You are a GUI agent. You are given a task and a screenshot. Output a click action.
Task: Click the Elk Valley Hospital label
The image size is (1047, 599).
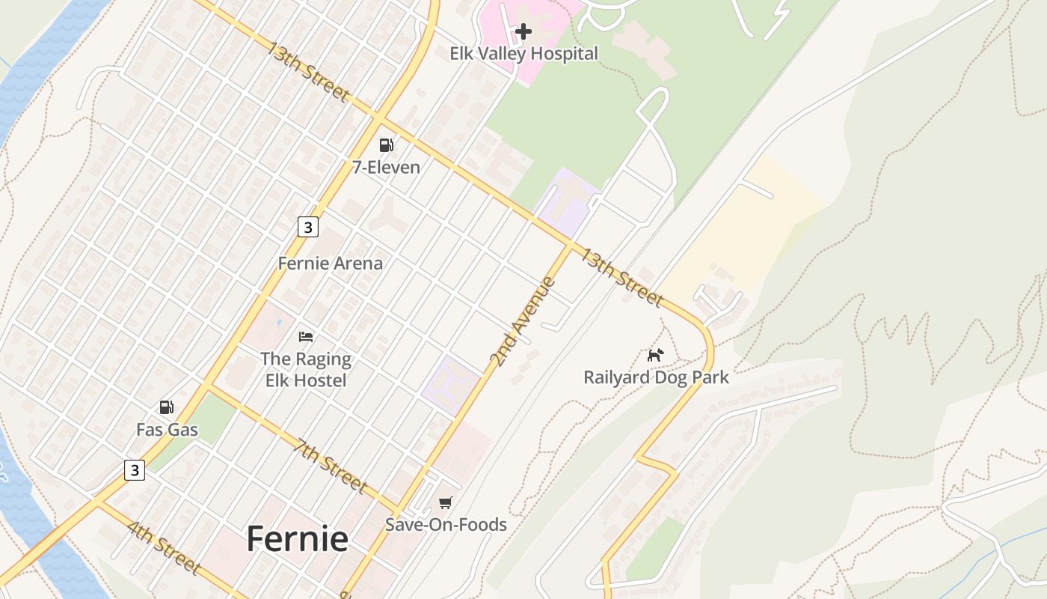pos(523,54)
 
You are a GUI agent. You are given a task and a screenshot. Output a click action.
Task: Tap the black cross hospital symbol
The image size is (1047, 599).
pos(523,31)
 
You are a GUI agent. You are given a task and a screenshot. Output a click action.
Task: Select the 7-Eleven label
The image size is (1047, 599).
pos(386,168)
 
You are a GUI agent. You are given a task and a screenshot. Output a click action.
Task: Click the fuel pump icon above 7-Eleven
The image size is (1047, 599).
pos(386,145)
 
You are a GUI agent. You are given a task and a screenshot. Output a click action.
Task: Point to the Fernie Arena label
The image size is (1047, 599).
pos(330,264)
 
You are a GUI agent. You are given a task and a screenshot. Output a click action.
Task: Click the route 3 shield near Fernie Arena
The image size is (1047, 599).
pos(307,226)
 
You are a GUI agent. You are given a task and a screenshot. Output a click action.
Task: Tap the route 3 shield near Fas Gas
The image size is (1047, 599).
pos(135,470)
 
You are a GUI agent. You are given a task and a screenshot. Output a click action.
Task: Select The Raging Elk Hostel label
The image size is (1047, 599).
pos(306,369)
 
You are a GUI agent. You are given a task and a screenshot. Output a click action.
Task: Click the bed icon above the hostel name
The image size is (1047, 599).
pos(306,337)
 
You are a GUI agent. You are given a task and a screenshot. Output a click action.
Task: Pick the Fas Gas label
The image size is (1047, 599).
pos(167,430)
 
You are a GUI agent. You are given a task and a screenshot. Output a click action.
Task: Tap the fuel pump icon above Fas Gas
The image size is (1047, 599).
pos(167,407)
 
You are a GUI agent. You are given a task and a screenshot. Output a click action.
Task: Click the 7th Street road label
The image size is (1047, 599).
pos(331,466)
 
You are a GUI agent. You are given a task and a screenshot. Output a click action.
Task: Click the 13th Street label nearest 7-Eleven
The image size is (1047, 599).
pos(308,72)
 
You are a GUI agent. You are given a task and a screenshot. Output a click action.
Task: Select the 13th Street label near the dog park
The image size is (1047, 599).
pos(622,278)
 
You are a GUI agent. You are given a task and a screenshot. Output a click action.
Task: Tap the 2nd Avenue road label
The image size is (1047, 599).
pos(523,322)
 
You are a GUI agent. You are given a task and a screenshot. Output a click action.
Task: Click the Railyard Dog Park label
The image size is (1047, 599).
pos(656,377)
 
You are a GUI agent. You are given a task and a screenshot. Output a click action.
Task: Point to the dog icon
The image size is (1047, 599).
pos(655,355)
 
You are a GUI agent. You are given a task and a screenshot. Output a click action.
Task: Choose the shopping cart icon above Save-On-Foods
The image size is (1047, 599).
pos(446,502)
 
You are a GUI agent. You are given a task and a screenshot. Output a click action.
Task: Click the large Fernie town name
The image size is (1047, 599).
pos(297,538)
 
